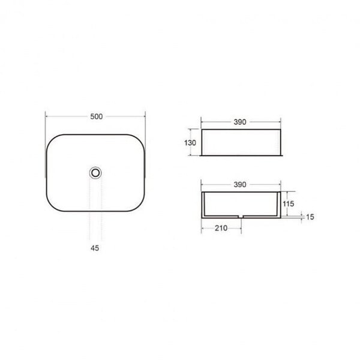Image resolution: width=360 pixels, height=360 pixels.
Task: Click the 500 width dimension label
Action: click(x=96, y=116)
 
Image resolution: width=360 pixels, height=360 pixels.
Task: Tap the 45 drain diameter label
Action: click(x=95, y=248)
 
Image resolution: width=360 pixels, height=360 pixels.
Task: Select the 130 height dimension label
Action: click(x=190, y=143)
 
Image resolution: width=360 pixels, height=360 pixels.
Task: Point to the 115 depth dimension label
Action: click(x=288, y=203)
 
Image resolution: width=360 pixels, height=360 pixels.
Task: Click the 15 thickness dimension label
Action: click(x=310, y=217)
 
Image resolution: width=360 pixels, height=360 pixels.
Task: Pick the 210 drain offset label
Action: click(x=221, y=228)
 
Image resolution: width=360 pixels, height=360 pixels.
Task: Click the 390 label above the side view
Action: click(x=240, y=122)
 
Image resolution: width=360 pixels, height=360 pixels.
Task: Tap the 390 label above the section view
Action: click(x=240, y=185)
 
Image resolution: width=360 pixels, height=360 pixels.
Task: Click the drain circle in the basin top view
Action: click(x=95, y=173)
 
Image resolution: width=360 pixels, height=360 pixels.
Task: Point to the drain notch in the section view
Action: click(x=241, y=216)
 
